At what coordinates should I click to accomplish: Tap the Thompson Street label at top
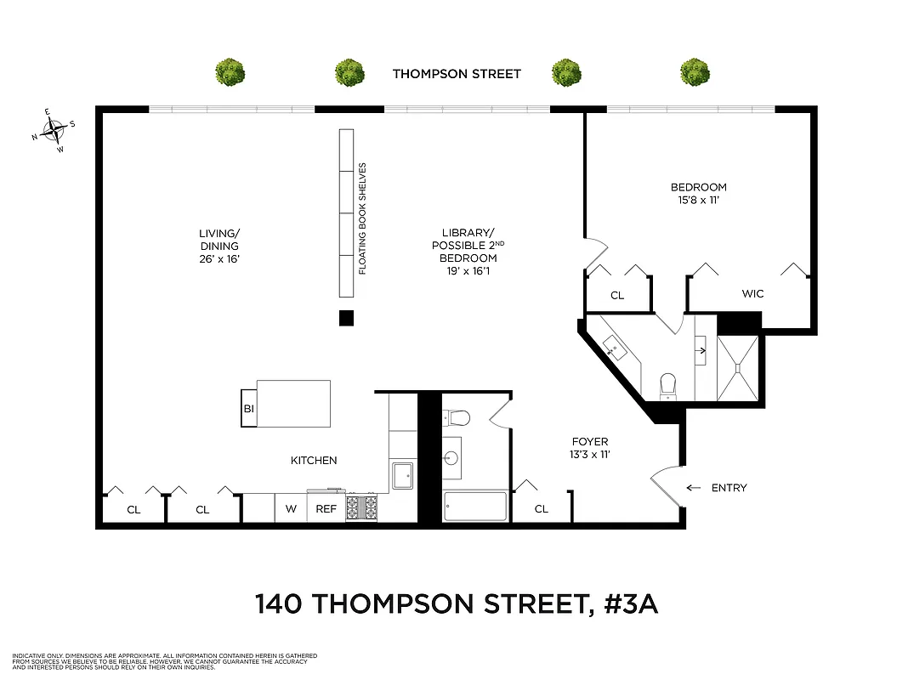tap(457, 74)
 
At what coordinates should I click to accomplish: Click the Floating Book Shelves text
tap(362, 218)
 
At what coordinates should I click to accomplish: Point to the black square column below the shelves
tap(346, 319)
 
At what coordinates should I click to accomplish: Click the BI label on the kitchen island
tap(249, 409)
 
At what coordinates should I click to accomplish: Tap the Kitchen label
tap(314, 461)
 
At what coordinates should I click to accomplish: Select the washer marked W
tap(290, 509)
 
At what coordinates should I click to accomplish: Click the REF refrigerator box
tap(326, 509)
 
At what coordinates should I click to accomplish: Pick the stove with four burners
tap(360, 507)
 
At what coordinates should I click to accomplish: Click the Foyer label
tap(589, 448)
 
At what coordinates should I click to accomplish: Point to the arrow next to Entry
tap(694, 488)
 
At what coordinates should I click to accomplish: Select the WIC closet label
tap(752, 294)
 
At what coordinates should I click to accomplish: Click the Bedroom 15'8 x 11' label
tap(698, 194)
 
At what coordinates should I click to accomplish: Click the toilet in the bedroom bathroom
tap(668, 384)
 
